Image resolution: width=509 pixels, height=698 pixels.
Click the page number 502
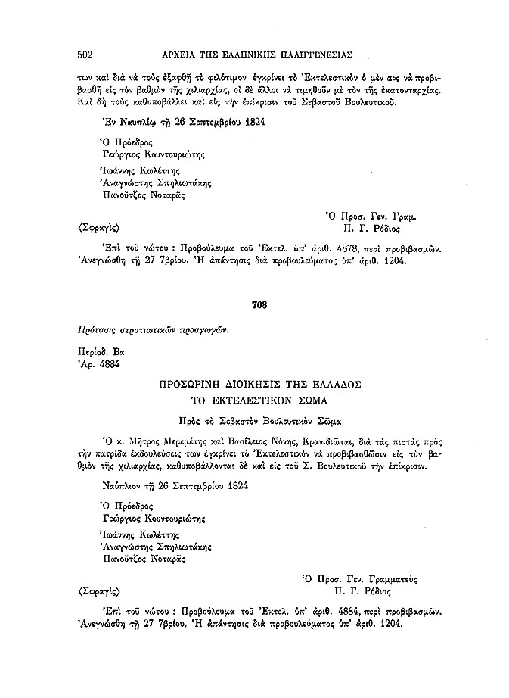click(x=85, y=54)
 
